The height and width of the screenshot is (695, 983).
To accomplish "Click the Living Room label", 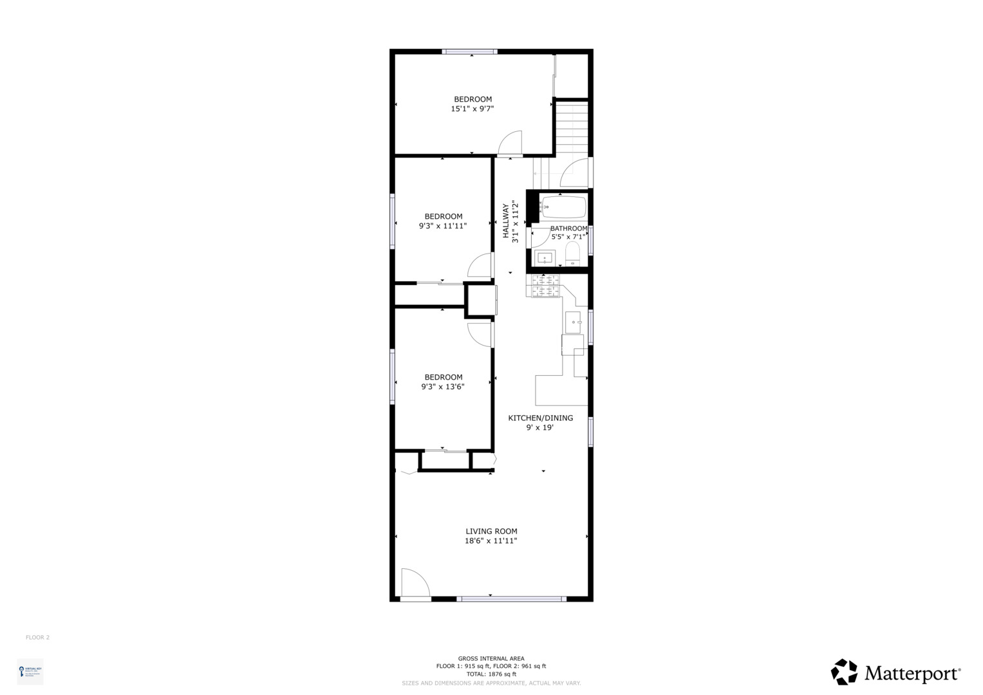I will coord(491,531).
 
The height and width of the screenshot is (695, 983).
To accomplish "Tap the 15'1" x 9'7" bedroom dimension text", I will coord(473,109).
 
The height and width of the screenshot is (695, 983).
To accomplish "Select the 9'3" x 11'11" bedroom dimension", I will coord(443,226).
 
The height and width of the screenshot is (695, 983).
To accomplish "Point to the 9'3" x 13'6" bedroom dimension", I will coord(443,387).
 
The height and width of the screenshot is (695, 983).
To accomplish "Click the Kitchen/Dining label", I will coord(540,418).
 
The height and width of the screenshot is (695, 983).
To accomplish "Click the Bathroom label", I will coord(568,228).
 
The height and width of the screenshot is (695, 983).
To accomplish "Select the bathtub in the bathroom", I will coord(563,207).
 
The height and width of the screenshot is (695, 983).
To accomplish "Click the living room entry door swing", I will coord(414,583).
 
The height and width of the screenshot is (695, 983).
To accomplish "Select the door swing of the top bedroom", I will coord(510,143).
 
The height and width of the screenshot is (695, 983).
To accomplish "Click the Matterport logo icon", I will coord(844,672).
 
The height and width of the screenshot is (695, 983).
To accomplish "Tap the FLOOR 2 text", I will coord(37,638).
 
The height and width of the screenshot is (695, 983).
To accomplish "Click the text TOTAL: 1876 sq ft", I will coord(491,674).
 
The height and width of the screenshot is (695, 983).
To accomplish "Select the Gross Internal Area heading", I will coord(491,658).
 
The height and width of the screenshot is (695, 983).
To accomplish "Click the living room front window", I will coord(511,599).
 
